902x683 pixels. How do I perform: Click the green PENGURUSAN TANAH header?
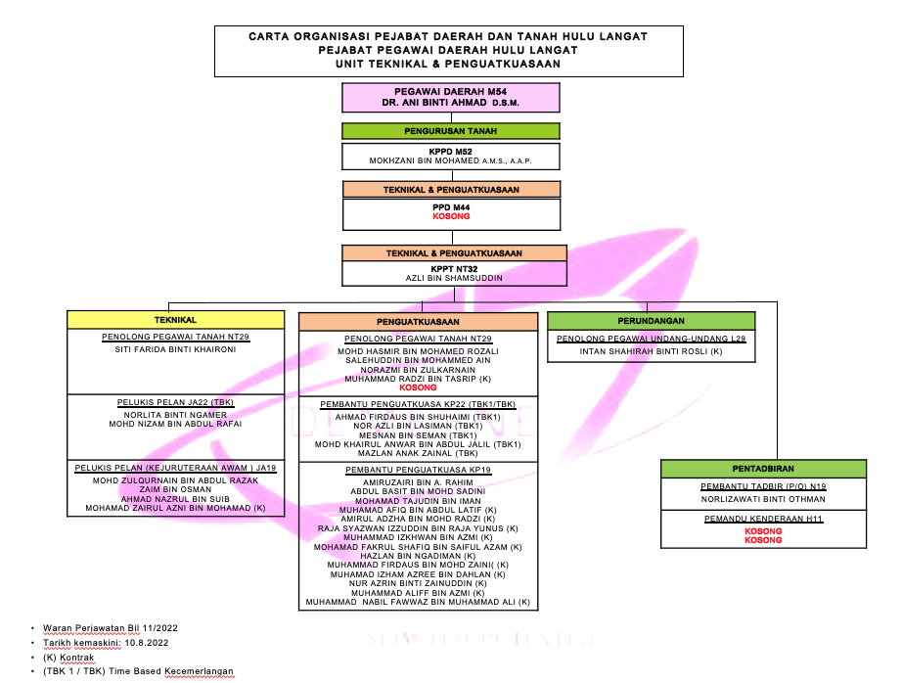click(450, 131)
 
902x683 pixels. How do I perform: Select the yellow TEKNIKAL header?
click(175, 320)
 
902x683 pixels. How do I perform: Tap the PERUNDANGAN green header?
click(651, 321)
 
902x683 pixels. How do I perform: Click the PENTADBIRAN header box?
click(763, 469)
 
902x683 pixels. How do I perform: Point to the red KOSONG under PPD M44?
click(452, 216)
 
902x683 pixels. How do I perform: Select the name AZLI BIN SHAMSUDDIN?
click(454, 278)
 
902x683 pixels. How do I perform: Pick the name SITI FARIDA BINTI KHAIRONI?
click(175, 349)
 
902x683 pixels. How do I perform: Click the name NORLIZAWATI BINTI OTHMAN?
click(763, 499)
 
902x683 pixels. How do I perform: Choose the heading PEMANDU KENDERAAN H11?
click(763, 519)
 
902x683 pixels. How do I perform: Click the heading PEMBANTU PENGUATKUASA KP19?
click(418, 470)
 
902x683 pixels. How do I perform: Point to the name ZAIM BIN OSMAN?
click(175, 489)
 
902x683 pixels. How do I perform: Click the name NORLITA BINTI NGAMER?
click(175, 415)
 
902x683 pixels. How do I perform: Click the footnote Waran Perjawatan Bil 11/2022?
click(111, 628)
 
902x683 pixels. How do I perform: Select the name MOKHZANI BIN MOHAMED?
click(425, 161)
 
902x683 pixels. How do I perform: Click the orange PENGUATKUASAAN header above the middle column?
click(418, 322)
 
